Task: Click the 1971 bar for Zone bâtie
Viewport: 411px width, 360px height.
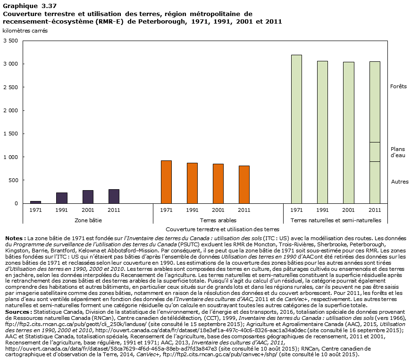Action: (35, 202)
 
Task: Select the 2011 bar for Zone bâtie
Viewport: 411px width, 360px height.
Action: (114, 196)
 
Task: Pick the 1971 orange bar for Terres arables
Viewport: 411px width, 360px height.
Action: (166, 182)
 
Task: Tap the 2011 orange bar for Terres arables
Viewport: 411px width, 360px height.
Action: (244, 184)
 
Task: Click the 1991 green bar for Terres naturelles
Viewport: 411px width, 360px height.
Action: (322, 132)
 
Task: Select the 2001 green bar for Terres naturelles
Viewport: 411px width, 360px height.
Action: (348, 133)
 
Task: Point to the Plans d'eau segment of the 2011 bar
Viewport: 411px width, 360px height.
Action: (374, 152)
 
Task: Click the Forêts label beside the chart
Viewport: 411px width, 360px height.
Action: (398, 87)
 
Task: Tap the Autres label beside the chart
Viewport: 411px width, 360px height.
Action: (400, 182)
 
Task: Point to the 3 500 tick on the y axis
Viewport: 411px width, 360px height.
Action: (10, 41)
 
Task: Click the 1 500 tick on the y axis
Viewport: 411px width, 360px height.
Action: (10, 134)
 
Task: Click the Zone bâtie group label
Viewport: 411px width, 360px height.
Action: (88, 220)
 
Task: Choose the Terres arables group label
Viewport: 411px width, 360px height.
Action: (218, 220)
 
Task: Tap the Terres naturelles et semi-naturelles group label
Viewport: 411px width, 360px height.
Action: (336, 220)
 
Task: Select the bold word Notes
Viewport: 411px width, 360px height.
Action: (14, 239)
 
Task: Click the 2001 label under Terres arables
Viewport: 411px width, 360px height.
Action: (218, 210)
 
